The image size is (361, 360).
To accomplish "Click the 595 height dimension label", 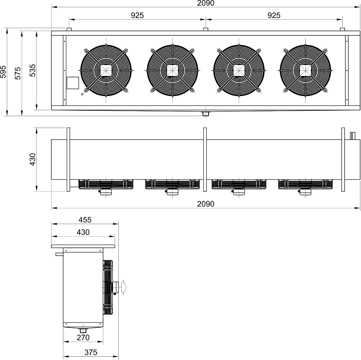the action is (x=3, y=72).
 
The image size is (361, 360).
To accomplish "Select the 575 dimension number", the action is (x=18, y=73).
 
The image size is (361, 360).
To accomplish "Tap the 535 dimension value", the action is (x=33, y=70).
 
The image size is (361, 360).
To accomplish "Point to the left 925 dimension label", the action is (x=137, y=15).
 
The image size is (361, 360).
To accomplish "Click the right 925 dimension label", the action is (x=274, y=15).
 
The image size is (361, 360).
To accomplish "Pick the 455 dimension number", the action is (x=85, y=220).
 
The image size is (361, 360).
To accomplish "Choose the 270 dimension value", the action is (x=83, y=337).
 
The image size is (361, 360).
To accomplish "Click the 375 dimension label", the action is (x=91, y=352).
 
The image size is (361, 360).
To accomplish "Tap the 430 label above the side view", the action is (x=83, y=232).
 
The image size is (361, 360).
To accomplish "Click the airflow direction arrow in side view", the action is (x=124, y=287).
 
